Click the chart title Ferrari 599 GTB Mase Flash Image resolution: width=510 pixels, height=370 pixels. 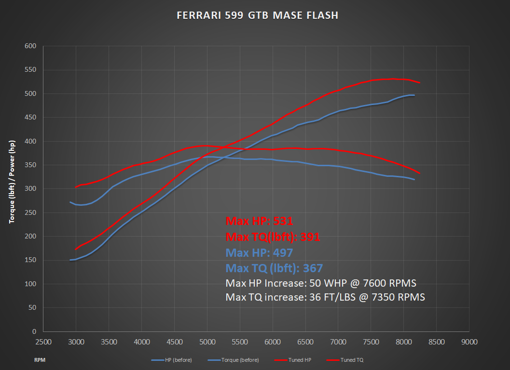(x=258, y=15)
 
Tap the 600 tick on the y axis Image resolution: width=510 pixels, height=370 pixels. (x=30, y=46)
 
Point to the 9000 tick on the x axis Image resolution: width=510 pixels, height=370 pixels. (x=469, y=342)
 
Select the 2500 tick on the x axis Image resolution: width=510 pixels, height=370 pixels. (x=43, y=342)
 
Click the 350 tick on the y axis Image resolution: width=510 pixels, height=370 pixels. (x=30, y=165)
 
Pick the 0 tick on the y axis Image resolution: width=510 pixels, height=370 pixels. (x=34, y=332)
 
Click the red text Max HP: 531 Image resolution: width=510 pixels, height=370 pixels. (x=260, y=221)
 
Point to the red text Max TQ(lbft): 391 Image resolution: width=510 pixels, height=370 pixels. (x=273, y=237)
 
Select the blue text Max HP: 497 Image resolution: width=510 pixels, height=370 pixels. (x=259, y=253)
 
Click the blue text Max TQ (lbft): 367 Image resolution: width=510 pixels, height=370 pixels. (x=274, y=268)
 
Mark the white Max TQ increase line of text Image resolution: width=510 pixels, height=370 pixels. (x=325, y=297)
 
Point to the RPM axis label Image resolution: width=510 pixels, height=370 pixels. (x=40, y=360)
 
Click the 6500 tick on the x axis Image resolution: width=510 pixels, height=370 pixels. (x=305, y=342)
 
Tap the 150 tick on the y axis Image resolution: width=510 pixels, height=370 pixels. (x=30, y=261)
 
